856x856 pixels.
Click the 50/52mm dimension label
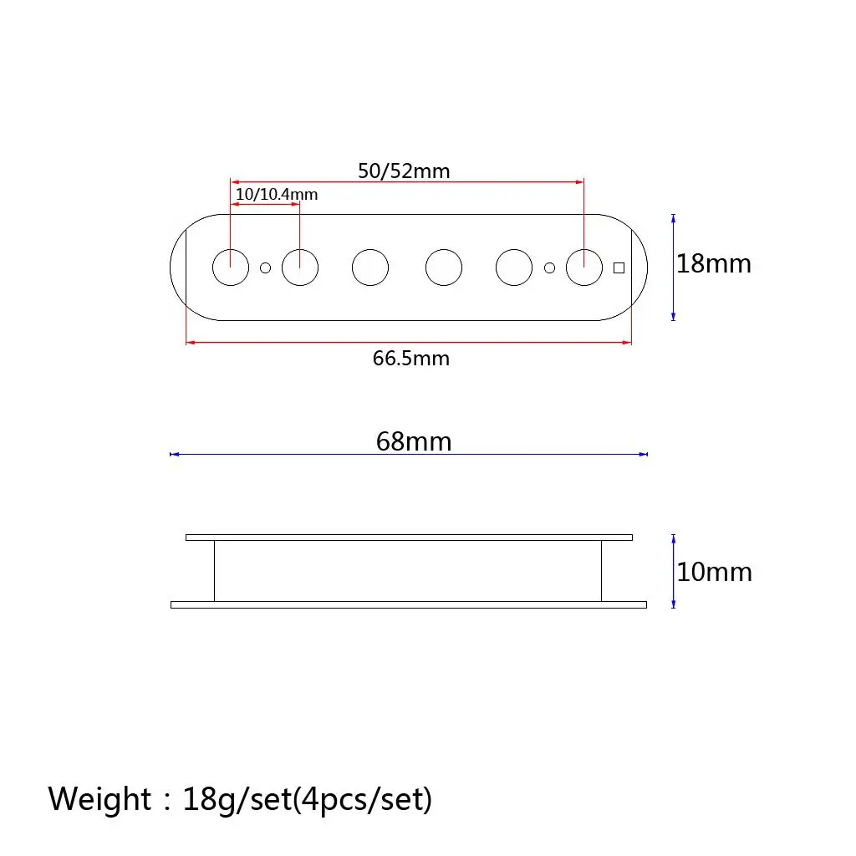point(404,171)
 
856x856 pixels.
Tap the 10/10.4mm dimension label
point(276,194)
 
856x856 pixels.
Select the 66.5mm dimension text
point(410,359)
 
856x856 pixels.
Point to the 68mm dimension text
point(413,441)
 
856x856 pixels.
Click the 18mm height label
point(714,264)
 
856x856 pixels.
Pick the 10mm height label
point(714,573)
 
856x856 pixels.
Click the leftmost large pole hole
point(230,267)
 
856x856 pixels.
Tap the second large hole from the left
point(300,267)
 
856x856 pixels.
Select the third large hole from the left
point(370,267)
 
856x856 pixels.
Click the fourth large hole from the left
point(444,267)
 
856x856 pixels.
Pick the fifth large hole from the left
point(514,267)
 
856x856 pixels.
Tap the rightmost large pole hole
point(584,267)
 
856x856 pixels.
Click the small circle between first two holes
point(266,267)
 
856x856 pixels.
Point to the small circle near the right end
point(550,267)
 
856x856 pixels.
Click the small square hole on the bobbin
point(619,267)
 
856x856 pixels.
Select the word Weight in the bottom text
point(99,799)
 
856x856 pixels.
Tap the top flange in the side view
point(409,537)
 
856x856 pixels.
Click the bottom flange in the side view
point(409,604)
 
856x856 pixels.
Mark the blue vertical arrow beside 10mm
point(674,573)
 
